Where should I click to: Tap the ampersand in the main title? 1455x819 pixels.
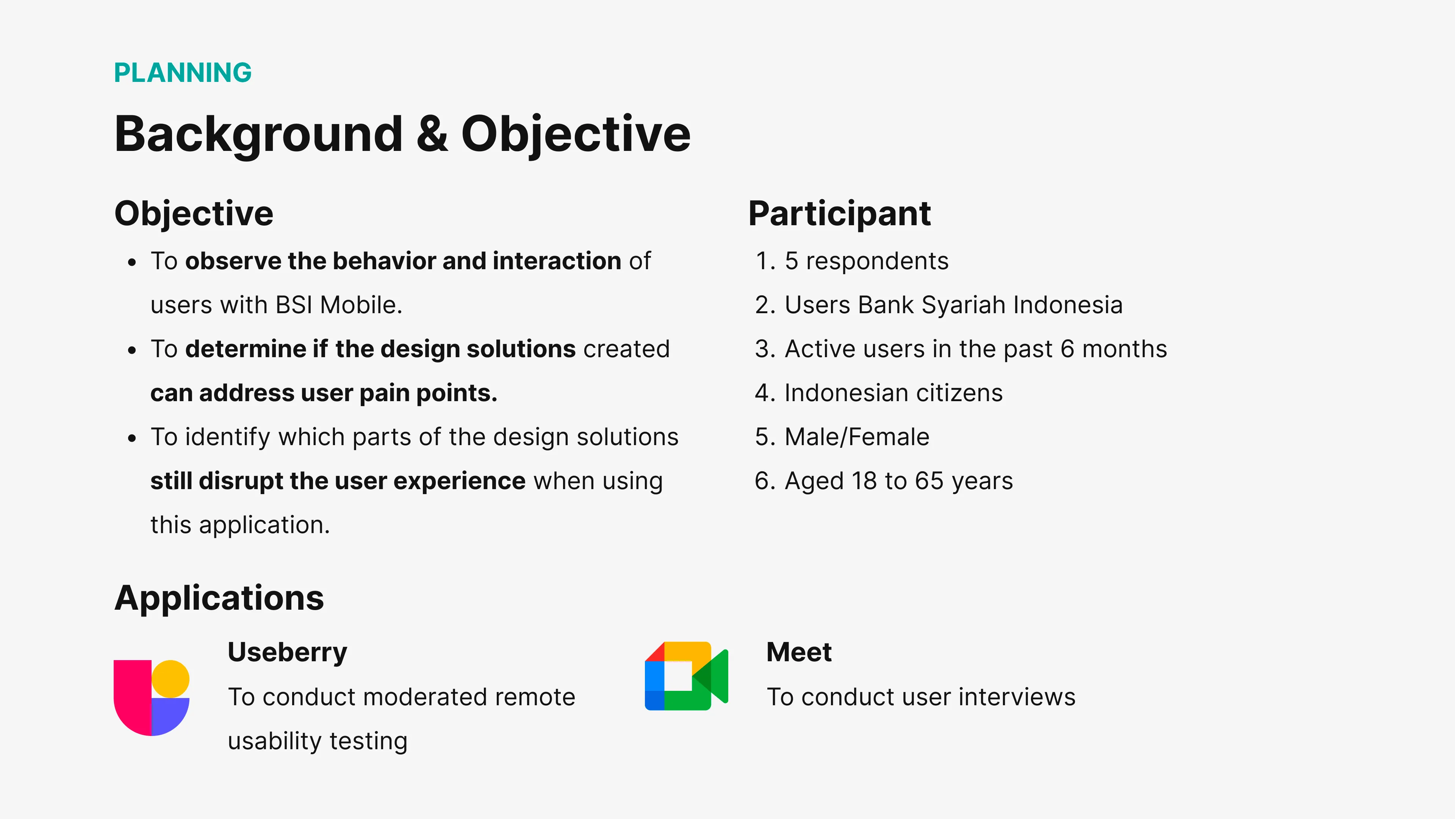pos(432,133)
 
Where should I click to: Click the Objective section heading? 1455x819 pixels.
pos(194,213)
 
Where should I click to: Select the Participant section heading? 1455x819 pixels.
pos(839,213)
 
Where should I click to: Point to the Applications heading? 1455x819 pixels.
pos(219,598)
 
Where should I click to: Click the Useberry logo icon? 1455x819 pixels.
pos(152,698)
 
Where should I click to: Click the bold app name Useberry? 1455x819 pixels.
pos(288,652)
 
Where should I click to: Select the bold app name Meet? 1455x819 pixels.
pos(799,652)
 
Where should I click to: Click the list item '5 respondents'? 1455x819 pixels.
pos(867,261)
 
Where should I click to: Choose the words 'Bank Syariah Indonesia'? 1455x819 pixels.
pos(990,305)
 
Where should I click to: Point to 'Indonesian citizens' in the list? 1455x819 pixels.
pos(893,393)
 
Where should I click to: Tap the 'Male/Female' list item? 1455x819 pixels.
pos(857,437)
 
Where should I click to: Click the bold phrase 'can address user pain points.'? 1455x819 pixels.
pos(324,393)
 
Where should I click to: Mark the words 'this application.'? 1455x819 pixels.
pos(240,525)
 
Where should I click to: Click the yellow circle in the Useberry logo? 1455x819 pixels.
pos(170,679)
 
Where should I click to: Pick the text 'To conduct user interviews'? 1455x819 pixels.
pos(921,697)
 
